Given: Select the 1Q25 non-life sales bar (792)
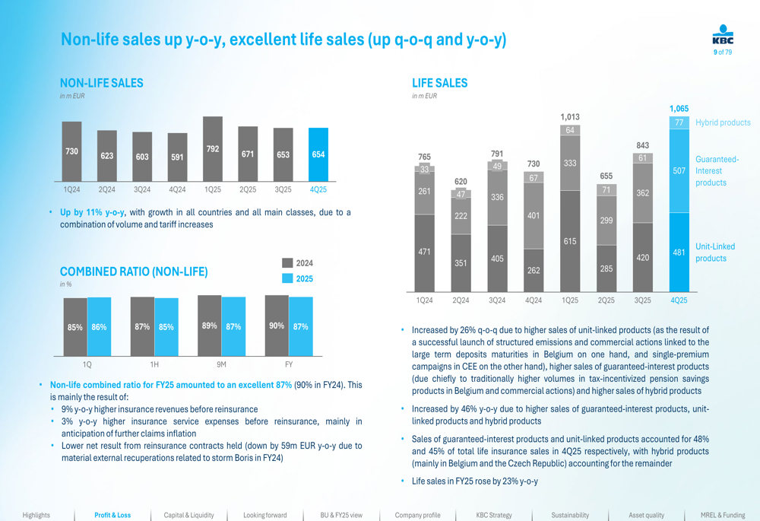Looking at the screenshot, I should click(213, 149).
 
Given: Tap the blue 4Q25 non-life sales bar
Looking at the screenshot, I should click(318, 154).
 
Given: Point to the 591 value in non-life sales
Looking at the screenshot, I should click(177, 157).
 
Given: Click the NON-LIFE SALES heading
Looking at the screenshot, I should click(101, 83).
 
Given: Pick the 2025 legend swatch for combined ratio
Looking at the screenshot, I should click(287, 278).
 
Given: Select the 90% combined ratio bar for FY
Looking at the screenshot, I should click(277, 326).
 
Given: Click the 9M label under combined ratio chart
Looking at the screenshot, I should click(221, 365).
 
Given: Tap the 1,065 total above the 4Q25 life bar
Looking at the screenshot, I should click(679, 109).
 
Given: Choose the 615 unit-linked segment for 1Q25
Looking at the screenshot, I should click(570, 241).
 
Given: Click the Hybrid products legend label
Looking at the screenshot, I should click(723, 122).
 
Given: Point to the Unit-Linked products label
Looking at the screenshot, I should click(715, 253).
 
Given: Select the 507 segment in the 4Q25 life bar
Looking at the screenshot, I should click(679, 171).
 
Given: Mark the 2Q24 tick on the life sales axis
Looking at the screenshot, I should click(461, 300).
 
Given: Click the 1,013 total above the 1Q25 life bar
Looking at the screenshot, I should click(570, 117).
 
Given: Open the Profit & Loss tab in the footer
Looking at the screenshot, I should click(112, 515).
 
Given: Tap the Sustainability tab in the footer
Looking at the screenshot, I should click(570, 515).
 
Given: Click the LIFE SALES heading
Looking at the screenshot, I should click(440, 83).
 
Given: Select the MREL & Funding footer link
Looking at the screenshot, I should click(723, 515).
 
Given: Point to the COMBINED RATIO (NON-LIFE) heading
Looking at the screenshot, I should click(134, 272).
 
